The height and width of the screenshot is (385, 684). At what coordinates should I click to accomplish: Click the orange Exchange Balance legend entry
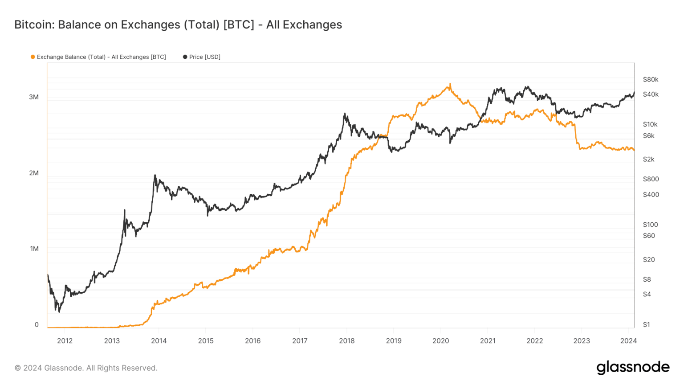point(98,57)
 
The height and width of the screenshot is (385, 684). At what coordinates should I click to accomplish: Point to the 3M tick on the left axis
point(34,97)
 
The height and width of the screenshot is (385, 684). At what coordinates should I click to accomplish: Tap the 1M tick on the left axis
point(34,249)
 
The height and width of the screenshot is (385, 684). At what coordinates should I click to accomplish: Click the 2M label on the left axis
point(34,173)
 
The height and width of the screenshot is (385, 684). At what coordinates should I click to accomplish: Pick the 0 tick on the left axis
point(37,324)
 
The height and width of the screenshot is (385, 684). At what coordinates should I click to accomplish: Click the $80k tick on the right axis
point(650,79)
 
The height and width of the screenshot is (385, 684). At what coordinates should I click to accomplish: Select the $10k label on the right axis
point(650,124)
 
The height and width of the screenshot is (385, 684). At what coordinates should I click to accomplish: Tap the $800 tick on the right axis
point(650,179)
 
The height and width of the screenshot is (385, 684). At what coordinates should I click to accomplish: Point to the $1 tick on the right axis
point(646,324)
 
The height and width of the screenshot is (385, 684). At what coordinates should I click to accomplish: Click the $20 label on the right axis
point(648,259)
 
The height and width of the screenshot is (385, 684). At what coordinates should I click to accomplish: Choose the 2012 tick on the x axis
point(65,341)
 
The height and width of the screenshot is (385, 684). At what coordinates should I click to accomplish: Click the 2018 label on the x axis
point(346,341)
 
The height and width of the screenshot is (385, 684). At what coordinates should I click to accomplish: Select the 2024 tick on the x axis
point(628,341)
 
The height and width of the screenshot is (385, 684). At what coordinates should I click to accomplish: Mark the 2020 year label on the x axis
point(440,341)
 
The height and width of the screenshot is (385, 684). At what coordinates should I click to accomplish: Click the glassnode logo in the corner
point(633,368)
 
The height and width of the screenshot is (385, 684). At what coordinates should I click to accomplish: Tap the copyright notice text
point(86,368)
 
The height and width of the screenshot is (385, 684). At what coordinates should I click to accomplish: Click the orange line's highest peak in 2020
point(450,84)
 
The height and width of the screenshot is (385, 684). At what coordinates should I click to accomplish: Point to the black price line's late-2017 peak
point(345,114)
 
